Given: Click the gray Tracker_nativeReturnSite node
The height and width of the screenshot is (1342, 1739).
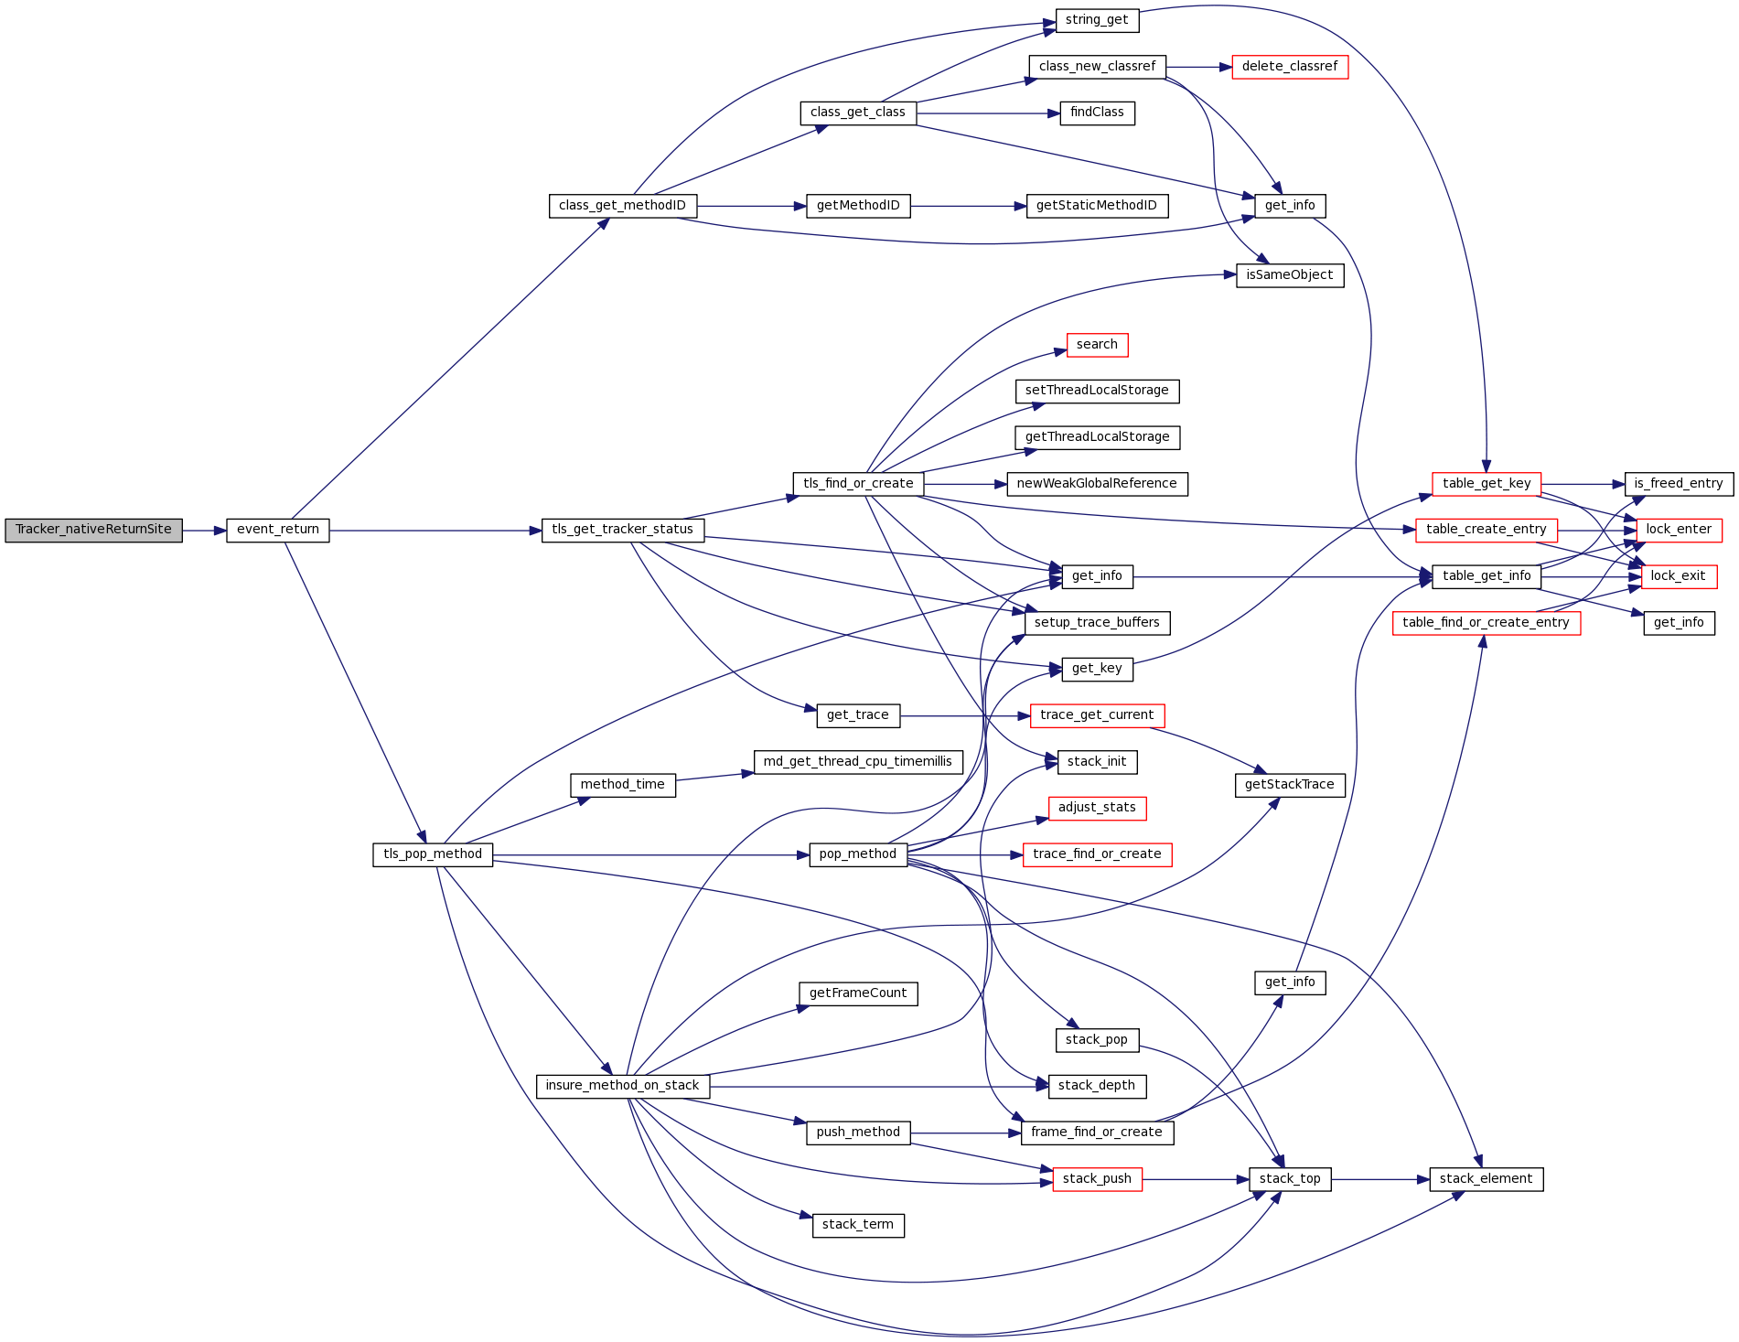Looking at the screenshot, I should point(93,531).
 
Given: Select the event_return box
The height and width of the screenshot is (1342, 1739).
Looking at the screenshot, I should point(278,531).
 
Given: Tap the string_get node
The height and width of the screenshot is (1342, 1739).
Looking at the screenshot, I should point(1097,20).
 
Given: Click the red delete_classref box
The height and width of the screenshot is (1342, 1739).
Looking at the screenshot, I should point(1290,67).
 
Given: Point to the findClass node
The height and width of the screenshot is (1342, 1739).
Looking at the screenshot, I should point(1097,113).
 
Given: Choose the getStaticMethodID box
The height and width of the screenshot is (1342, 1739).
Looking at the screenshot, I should point(1097,206).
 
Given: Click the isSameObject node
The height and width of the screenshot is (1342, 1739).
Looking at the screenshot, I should point(1290,275).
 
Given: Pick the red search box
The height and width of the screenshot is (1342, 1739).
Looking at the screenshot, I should point(1097,345).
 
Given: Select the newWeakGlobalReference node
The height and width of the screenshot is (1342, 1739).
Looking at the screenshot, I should point(1097,484).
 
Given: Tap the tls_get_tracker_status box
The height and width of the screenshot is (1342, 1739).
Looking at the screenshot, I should point(623,531).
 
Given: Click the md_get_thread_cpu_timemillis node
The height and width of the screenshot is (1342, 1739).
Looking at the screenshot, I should point(858,762).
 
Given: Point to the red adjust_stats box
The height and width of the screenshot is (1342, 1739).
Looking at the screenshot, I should point(1097,809).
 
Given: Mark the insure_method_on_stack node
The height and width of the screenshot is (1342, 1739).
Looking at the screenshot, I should point(622,1087).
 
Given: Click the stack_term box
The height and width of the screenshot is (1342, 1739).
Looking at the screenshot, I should point(858,1226).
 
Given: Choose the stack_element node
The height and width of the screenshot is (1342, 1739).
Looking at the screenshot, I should point(1486,1180).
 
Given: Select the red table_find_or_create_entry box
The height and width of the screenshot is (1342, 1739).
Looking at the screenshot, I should point(1486,623).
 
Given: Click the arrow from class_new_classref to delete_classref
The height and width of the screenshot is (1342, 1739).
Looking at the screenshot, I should point(1199,67).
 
